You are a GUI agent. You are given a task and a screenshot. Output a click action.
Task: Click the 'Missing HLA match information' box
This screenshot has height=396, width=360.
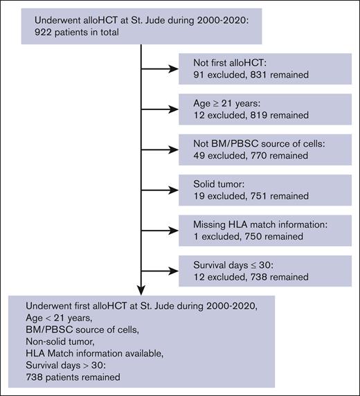[267, 228]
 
